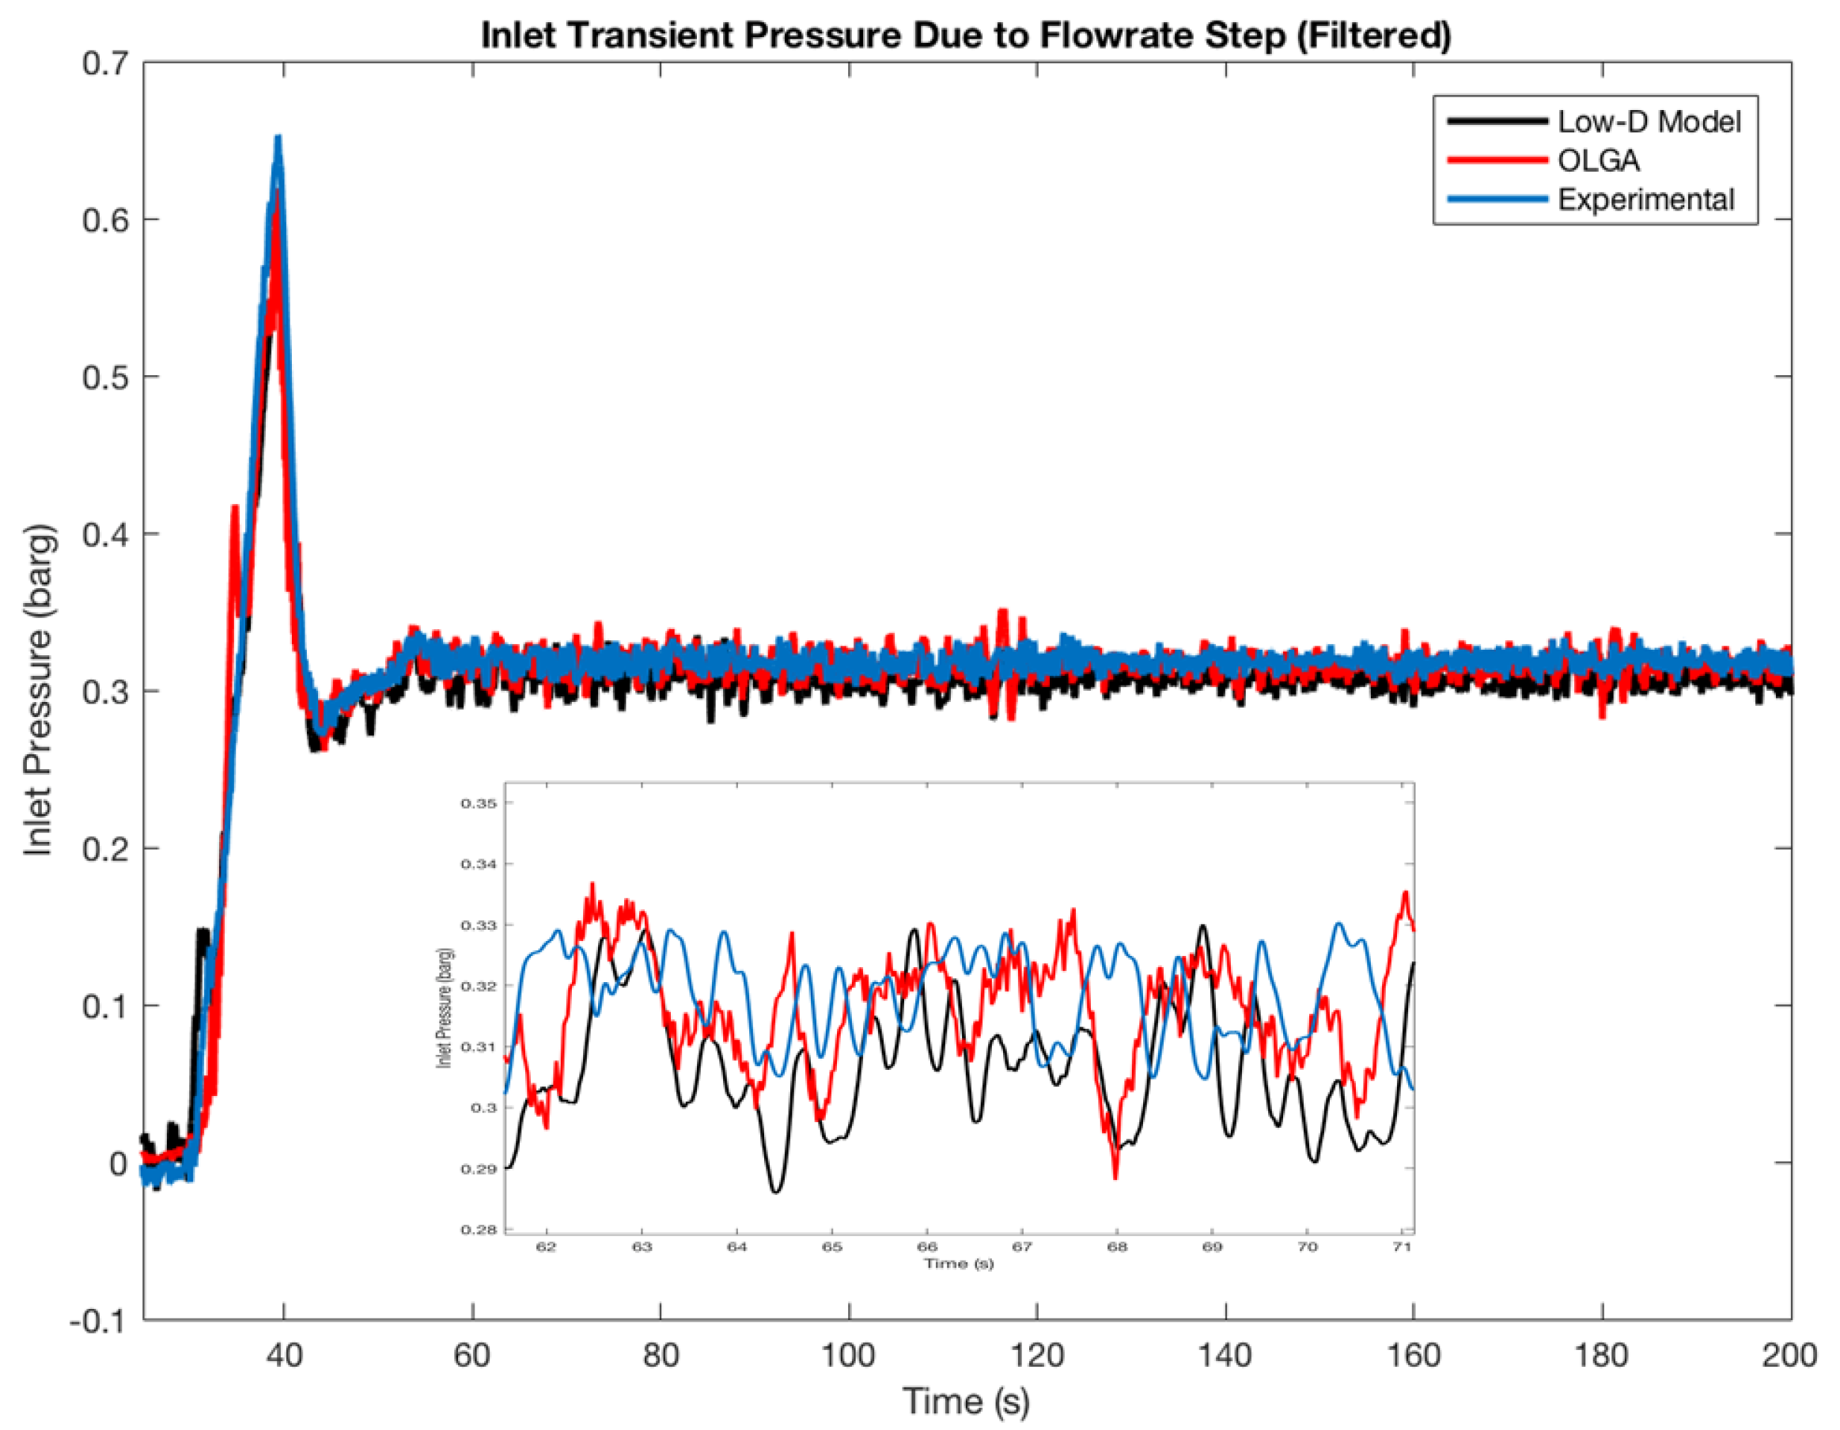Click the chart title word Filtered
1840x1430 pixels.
(x=1373, y=36)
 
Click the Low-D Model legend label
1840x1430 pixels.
(x=1648, y=122)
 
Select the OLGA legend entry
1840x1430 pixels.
(x=1597, y=161)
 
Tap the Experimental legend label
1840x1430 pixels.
(x=1645, y=199)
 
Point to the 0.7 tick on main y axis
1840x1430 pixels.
(x=105, y=63)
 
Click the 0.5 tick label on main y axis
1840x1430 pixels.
(x=105, y=377)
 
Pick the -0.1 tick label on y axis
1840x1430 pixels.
(x=98, y=1322)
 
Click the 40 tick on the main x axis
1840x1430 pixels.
(x=284, y=1355)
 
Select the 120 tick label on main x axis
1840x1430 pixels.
(x=1036, y=1355)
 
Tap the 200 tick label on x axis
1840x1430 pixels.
(x=1789, y=1355)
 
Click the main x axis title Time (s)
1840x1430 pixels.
(x=966, y=1402)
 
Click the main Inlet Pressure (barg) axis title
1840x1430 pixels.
(x=39, y=691)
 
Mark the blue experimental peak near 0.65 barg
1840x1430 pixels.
(x=277, y=139)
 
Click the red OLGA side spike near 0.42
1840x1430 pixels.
(x=235, y=508)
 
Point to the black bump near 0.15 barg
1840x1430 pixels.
(x=203, y=931)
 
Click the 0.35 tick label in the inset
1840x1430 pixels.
(x=478, y=803)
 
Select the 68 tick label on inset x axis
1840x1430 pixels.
(x=1116, y=1246)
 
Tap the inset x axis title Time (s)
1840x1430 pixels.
(x=958, y=1263)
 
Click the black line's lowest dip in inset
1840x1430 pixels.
(x=776, y=1191)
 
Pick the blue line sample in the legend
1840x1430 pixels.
(x=1497, y=199)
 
